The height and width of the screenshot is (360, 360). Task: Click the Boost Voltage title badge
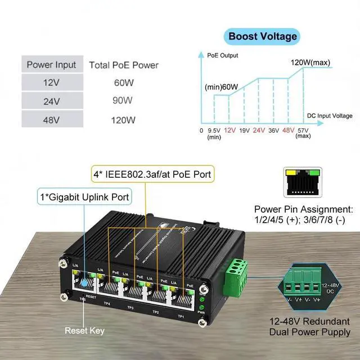pos(262,37)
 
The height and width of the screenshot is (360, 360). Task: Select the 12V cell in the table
pos(51,83)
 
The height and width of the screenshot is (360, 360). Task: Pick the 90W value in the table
pos(123,101)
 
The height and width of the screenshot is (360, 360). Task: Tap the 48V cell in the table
pos(51,119)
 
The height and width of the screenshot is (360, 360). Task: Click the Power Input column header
pos(51,65)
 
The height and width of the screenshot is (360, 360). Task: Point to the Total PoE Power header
pos(124,65)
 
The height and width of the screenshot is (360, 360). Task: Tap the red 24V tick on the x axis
pos(258,130)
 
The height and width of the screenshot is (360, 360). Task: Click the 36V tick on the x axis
pos(274,130)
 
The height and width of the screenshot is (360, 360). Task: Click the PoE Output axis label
pos(222,56)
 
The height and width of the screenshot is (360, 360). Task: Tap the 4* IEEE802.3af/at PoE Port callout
pos(152,175)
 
